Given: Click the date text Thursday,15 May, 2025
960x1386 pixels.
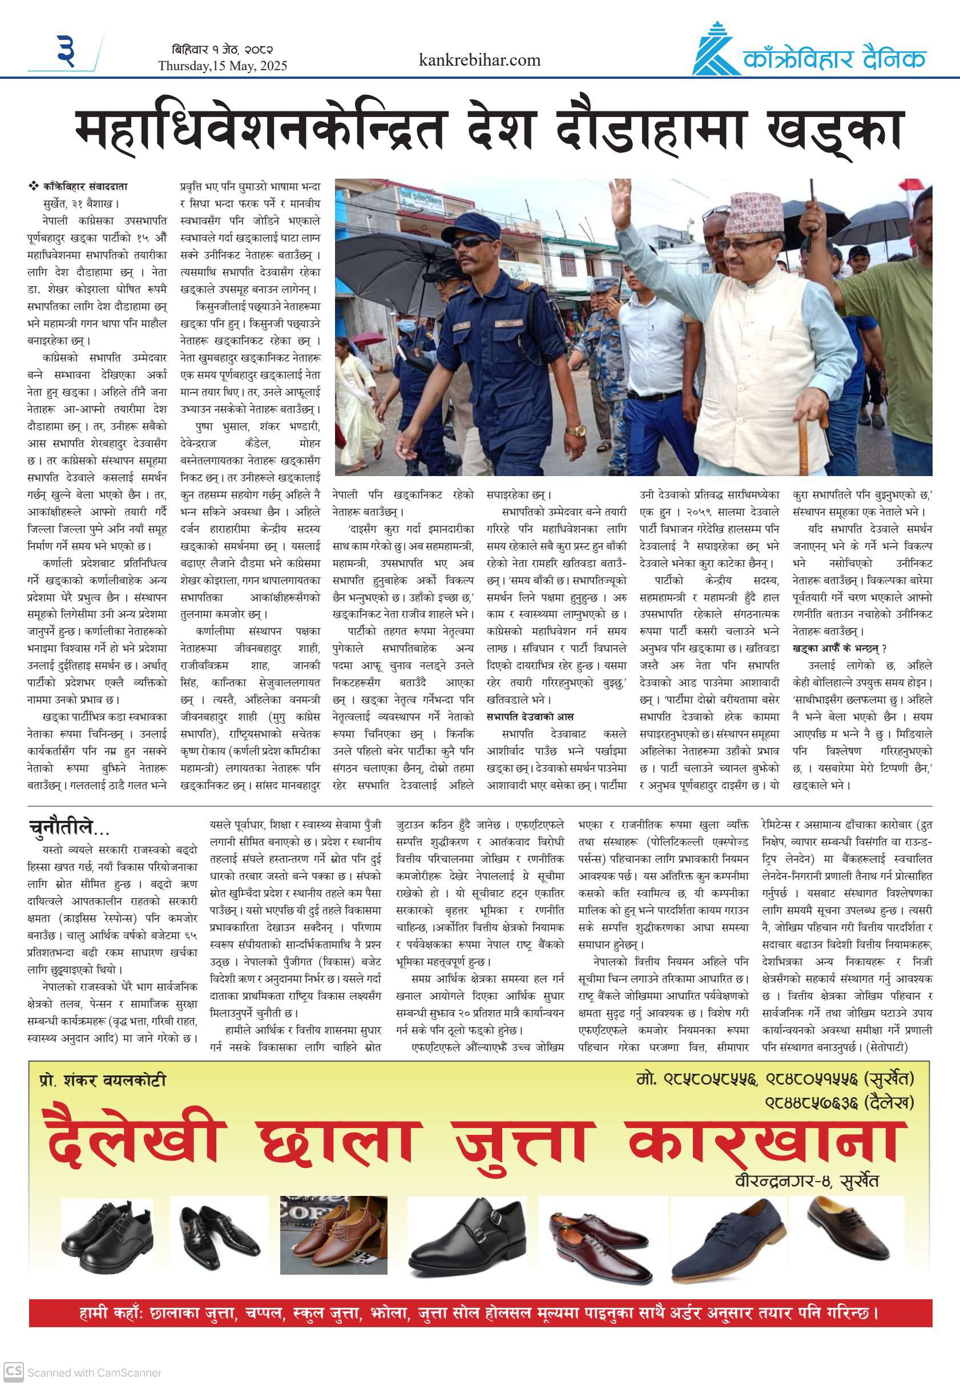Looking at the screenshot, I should coord(223,66).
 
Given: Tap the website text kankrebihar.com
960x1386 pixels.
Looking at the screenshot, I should coord(479,60).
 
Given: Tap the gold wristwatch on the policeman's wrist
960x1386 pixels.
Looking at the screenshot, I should coord(576,432).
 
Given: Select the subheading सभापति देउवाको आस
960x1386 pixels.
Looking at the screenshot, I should coord(530,716).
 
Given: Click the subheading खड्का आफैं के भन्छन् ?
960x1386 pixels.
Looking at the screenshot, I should coord(840,648).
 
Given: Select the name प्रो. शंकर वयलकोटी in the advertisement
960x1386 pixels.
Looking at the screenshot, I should coord(102,1081).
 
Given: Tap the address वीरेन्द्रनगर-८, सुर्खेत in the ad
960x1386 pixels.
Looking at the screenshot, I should coord(806,1181).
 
